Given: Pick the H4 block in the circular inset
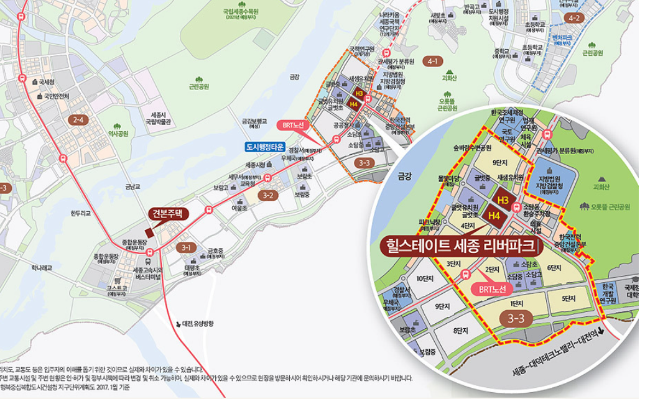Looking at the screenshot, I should point(495,216).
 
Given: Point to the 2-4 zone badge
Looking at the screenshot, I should point(78,119).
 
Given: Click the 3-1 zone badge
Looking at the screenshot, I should point(185,247).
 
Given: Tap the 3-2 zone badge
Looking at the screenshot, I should point(269,195).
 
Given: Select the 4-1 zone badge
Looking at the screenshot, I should point(434,61).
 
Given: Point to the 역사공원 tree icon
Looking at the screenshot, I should point(118,125).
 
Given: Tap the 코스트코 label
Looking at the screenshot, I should point(118,289).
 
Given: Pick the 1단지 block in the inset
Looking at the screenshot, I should point(516,303).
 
